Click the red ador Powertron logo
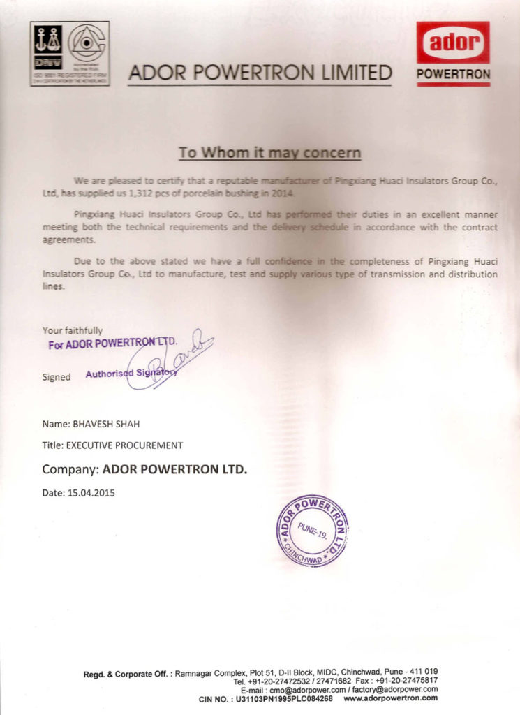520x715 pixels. pos(453,53)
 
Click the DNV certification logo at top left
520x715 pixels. pos(69,53)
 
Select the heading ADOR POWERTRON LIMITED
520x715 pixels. pos(260,73)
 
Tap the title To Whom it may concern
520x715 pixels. pos(269,152)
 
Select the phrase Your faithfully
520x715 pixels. pos(73,330)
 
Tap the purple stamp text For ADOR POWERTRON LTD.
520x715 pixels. pos(112,344)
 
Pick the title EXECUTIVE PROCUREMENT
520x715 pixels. pos(124,445)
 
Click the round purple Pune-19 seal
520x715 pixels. pos(312,530)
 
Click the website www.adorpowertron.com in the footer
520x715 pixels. pos(391,698)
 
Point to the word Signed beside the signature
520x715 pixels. pos(57,377)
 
